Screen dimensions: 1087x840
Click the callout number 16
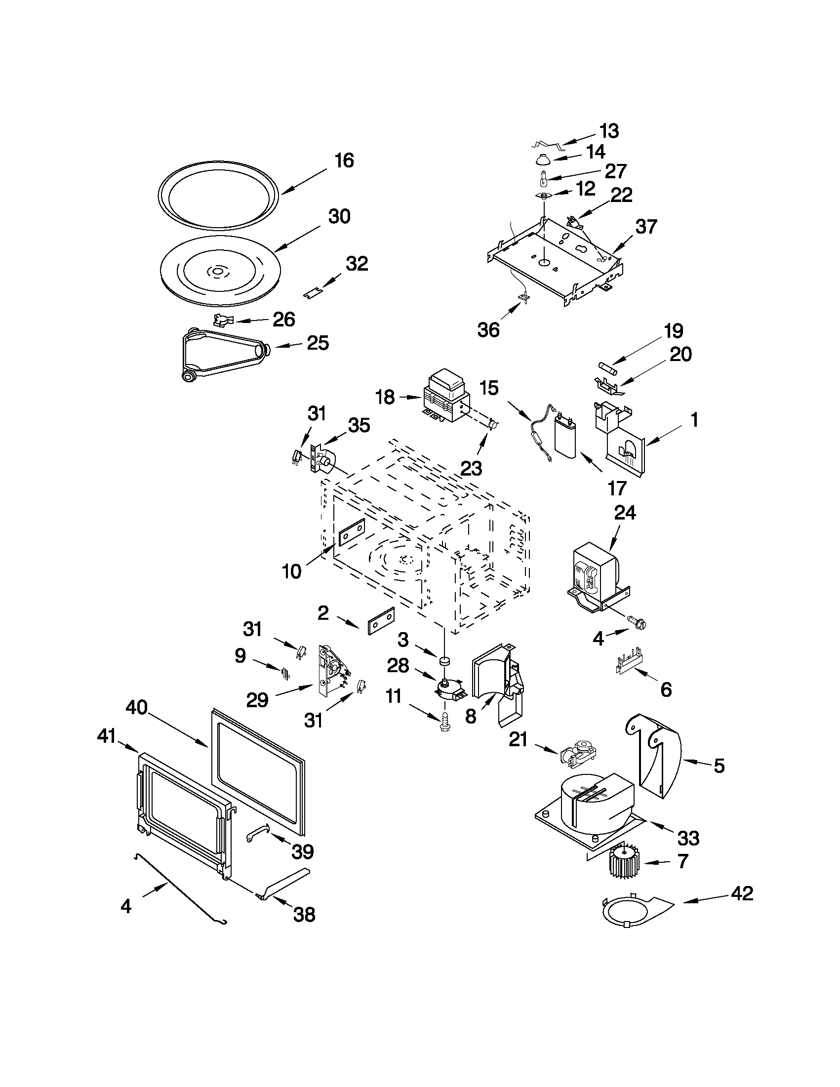344,161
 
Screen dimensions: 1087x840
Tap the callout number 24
625,512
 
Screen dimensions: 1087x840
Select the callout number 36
488,330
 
